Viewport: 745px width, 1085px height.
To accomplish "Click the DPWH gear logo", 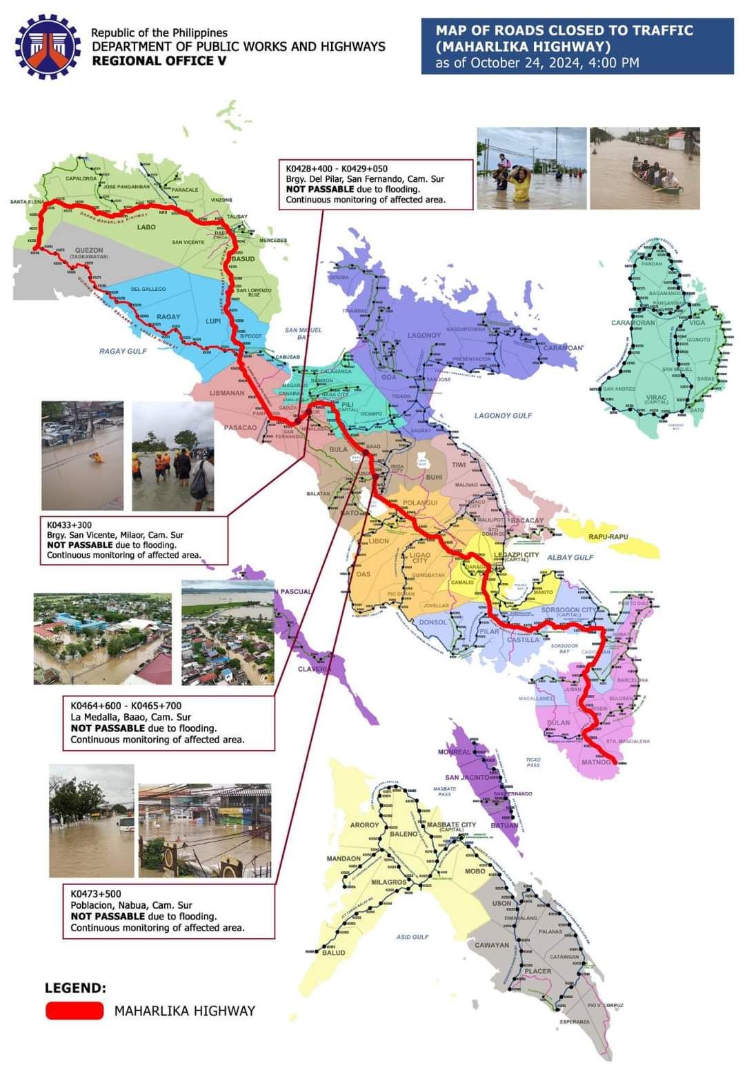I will (x=48, y=47).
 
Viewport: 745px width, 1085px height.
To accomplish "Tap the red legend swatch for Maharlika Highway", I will (x=74, y=1011).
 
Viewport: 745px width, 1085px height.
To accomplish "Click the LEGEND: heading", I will (x=75, y=988).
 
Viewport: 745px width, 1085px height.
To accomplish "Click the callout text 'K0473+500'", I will (x=95, y=893).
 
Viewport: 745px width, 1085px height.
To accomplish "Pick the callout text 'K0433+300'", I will (x=69, y=525).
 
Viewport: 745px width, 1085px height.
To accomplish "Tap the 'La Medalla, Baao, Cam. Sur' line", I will (x=130, y=717).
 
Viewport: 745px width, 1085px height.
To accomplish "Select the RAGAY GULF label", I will (x=123, y=351).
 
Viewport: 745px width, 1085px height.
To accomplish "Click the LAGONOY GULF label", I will (x=503, y=416).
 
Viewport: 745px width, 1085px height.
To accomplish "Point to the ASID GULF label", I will (x=413, y=937).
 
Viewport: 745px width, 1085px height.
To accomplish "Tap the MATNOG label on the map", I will (x=596, y=762).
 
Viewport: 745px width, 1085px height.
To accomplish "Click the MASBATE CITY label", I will (x=451, y=824).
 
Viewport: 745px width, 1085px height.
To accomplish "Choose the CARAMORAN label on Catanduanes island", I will (x=633, y=323).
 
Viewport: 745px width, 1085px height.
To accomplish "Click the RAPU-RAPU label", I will (x=608, y=536).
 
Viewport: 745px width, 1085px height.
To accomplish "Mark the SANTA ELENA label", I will (x=28, y=202).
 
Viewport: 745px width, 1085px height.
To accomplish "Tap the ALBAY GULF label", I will (x=570, y=557).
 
